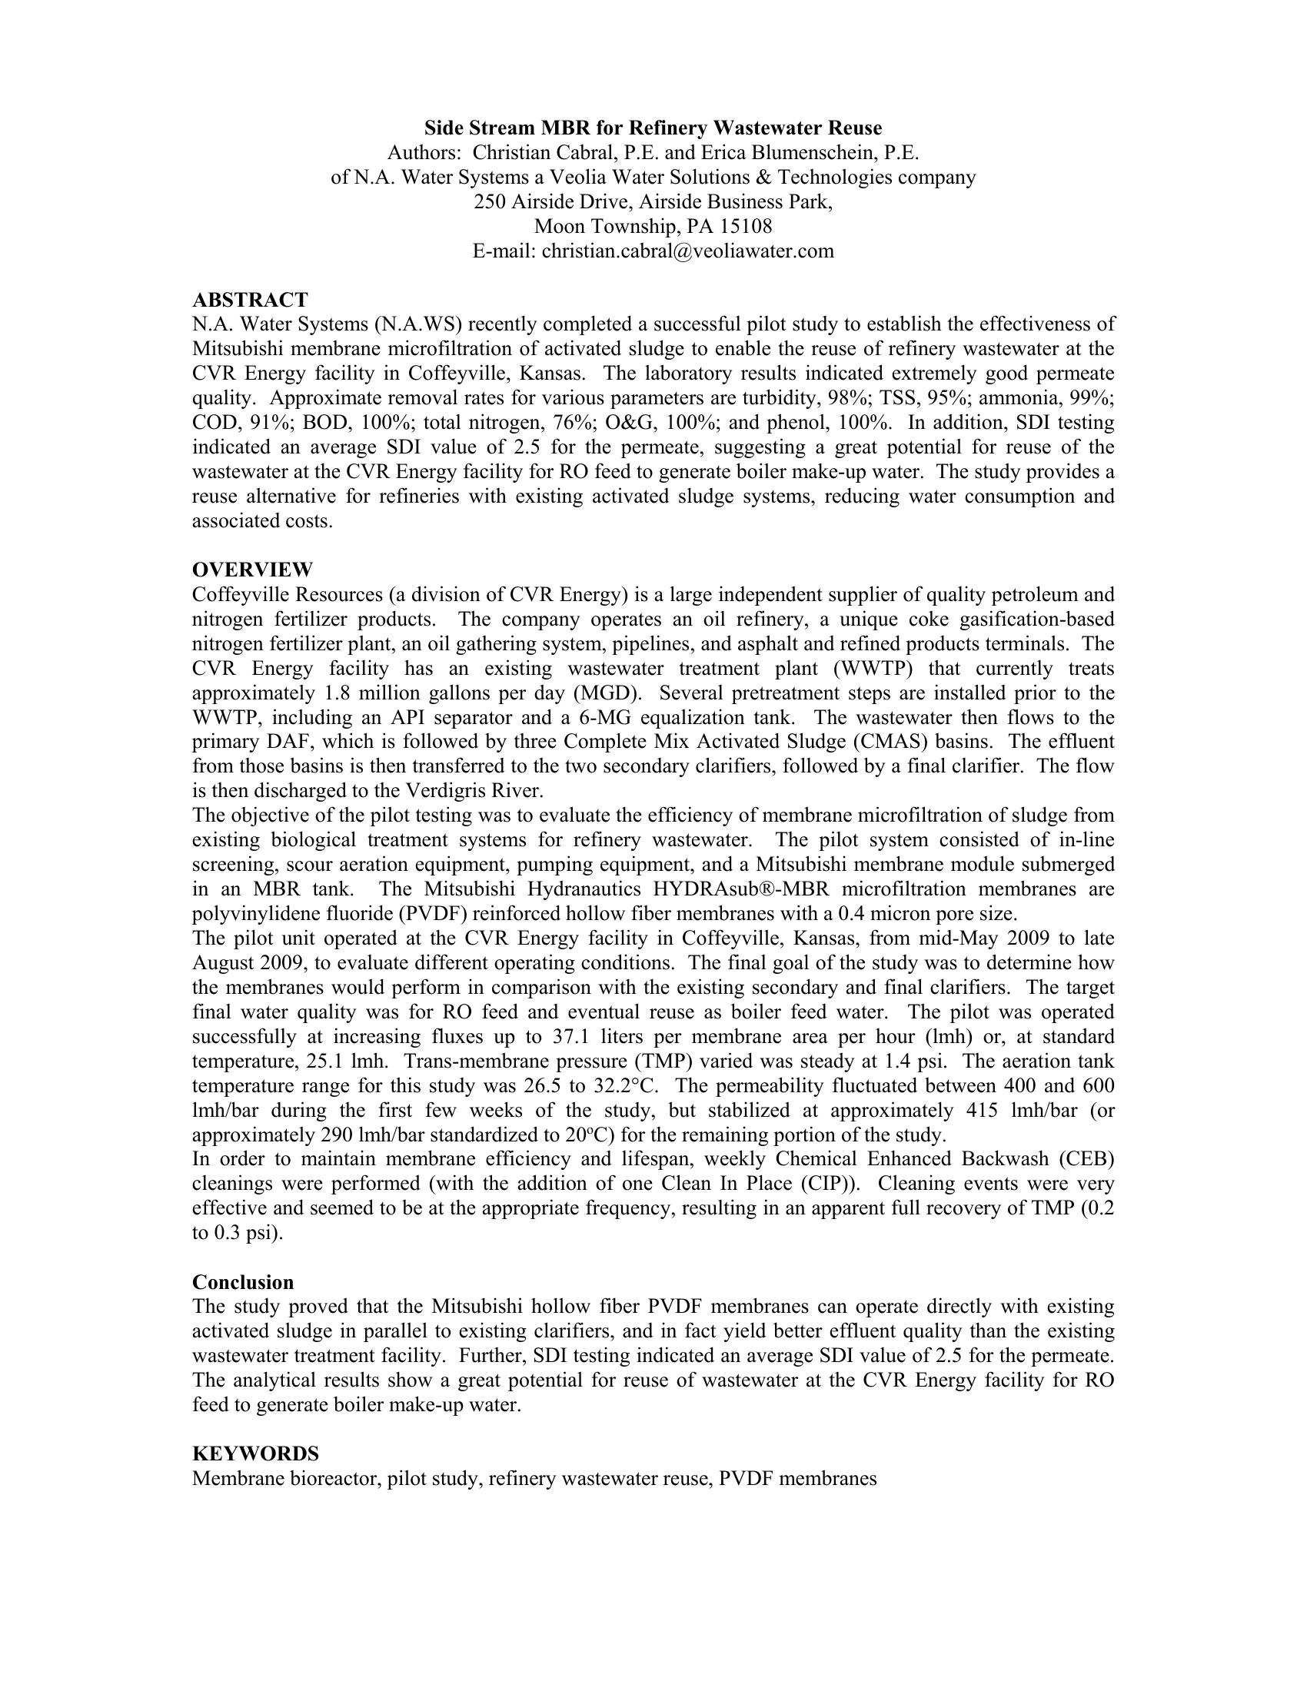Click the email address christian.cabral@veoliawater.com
[687, 251]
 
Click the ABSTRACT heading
[249, 300]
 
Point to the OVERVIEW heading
[252, 570]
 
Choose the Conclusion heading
[243, 1281]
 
